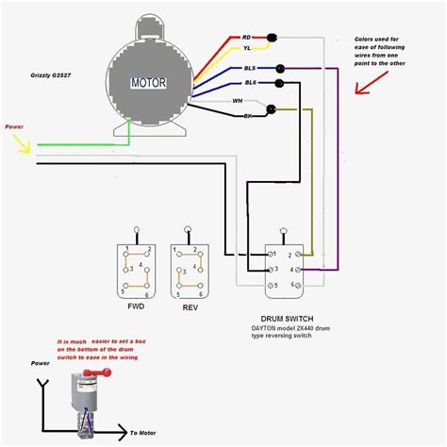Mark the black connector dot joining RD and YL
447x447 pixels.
point(272,38)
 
